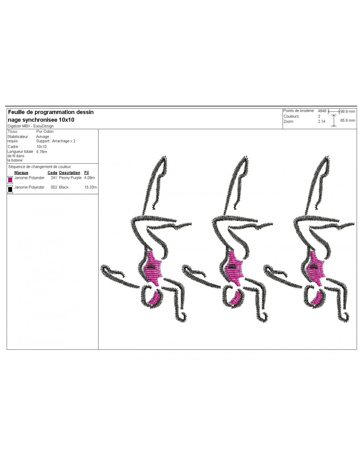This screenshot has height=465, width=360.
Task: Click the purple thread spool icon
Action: pos(10,180)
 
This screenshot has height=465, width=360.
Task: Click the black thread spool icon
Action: pos(10,189)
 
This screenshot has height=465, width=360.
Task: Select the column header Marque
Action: pos(21,172)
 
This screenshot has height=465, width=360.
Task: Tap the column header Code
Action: pos(52,172)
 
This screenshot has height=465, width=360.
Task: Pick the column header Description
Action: pos(70,172)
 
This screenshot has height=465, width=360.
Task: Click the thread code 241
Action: pos(54,178)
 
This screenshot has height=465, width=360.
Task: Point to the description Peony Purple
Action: pos(70,178)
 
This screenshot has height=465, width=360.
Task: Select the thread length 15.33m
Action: pos(91,187)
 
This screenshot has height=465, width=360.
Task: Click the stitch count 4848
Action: pos(322,111)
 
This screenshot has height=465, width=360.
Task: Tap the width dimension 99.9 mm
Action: pos(348,111)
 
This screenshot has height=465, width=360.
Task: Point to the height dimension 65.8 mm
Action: pos(348,120)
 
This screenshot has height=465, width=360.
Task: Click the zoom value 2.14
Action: pos(321,121)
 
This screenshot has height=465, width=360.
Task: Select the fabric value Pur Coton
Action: pos(45,131)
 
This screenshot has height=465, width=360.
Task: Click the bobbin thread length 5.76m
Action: pos(42,152)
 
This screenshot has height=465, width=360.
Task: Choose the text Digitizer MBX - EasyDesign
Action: pos(31,126)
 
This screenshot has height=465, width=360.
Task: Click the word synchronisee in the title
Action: pos(40,120)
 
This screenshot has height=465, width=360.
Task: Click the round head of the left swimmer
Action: pos(152,297)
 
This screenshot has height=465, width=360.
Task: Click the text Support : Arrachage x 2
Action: pos(56,141)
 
